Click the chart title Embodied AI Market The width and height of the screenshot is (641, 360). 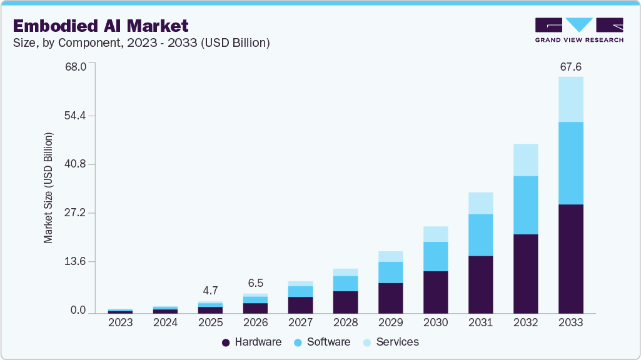[x=101, y=26]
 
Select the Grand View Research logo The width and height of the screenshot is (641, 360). [x=579, y=30]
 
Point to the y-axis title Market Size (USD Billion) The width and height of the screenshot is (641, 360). [x=48, y=187]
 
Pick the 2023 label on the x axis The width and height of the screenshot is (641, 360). [x=120, y=323]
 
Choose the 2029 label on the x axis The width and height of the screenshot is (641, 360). [x=390, y=323]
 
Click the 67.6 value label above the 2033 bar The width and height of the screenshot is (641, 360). [x=570, y=67]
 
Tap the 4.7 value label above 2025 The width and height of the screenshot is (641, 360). [x=210, y=291]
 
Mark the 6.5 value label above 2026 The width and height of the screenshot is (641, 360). [x=255, y=283]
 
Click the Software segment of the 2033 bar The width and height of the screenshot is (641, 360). [x=570, y=163]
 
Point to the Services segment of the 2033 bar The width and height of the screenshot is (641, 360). [x=570, y=99]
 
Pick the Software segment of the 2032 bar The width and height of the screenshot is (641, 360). [x=525, y=205]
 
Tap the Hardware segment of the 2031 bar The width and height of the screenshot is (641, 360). [x=480, y=284]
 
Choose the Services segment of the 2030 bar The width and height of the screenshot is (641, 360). [x=435, y=234]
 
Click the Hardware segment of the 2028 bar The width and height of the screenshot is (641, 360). [x=345, y=302]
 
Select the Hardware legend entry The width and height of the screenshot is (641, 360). [x=252, y=342]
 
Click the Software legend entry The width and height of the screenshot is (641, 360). [x=322, y=342]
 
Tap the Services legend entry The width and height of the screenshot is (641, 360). [x=391, y=342]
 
